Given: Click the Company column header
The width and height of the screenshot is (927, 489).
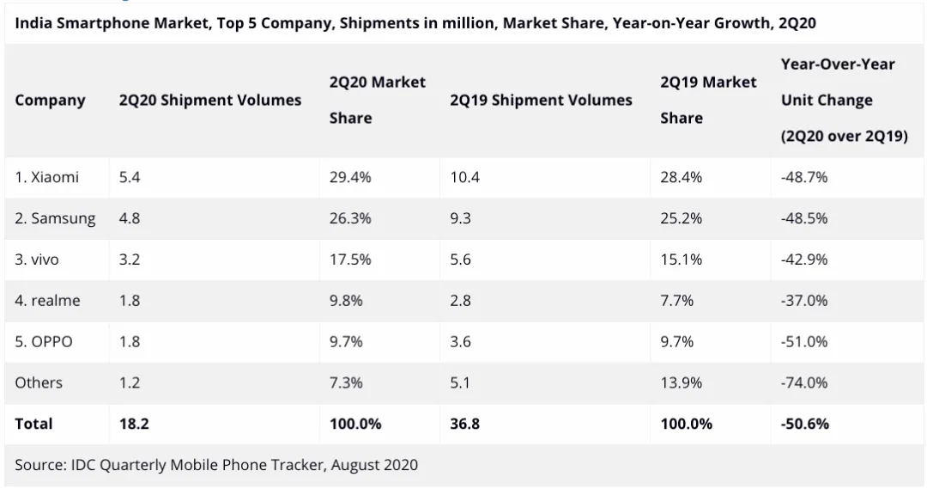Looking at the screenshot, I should [50, 101].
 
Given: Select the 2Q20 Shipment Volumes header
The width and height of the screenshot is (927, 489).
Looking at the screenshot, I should [210, 101].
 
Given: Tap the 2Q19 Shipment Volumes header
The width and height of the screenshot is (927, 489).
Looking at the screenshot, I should [541, 101].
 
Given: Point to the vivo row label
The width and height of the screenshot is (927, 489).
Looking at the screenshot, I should [37, 260].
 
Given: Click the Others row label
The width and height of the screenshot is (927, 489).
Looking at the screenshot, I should [39, 382].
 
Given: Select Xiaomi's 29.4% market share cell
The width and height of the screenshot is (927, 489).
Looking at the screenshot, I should [350, 177].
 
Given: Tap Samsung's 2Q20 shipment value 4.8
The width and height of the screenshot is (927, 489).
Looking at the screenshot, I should [130, 218].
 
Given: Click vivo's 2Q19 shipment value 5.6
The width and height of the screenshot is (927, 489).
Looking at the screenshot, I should [460, 260].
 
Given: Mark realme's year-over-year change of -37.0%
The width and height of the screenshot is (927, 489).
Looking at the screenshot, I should [804, 301].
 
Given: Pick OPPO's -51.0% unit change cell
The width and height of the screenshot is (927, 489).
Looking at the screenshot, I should [804, 341].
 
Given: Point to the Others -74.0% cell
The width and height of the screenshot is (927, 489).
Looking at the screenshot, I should [804, 382].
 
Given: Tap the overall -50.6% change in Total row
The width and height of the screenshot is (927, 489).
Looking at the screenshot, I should [805, 424].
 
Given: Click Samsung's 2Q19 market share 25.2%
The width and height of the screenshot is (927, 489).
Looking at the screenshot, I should [681, 218].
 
